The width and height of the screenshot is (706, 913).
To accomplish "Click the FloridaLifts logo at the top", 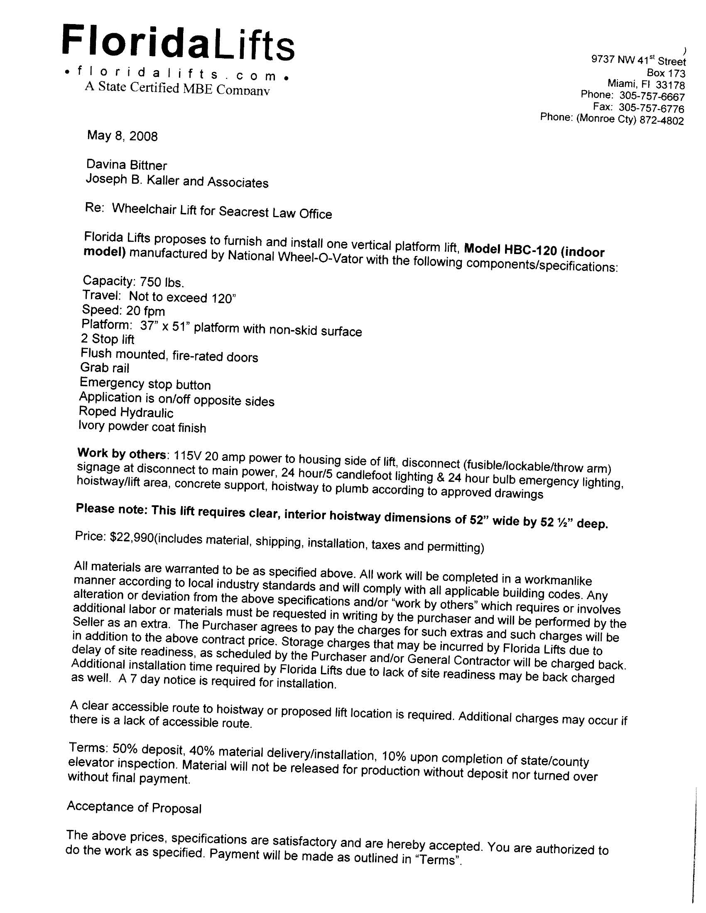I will [x=178, y=43].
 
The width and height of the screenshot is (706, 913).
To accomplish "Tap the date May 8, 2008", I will [x=122, y=136].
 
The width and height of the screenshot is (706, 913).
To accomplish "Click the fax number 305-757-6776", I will [x=651, y=108].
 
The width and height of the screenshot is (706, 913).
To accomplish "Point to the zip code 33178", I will [x=670, y=85].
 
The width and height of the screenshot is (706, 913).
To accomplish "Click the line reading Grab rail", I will [x=105, y=368].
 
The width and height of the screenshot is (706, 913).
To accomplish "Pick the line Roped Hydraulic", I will [x=126, y=413].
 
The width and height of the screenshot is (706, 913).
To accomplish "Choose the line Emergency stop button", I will [x=145, y=384].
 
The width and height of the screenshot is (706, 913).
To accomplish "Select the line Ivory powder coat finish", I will [x=142, y=427].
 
